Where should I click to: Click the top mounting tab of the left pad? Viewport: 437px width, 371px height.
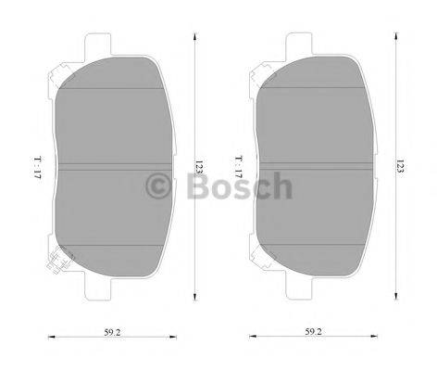(x=97, y=44)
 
